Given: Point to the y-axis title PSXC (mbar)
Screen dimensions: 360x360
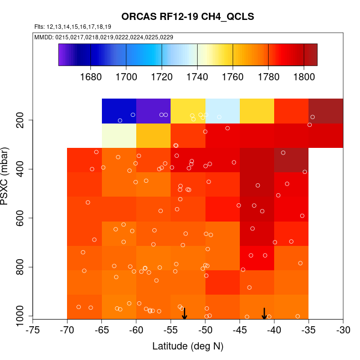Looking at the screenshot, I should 7,176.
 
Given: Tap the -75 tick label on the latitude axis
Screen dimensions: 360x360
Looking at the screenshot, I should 33,330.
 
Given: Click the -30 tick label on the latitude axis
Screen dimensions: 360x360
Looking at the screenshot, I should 343,330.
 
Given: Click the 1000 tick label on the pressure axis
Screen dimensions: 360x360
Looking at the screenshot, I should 21,316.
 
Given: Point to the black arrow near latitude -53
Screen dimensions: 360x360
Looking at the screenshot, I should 184,313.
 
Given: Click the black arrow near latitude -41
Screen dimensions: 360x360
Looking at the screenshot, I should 265,313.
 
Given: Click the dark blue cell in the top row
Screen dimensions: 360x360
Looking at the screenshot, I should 119,111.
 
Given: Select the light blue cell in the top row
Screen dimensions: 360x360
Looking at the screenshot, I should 222,111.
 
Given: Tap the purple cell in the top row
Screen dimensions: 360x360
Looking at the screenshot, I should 153,111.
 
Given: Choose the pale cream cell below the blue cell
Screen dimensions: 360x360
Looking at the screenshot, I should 119,135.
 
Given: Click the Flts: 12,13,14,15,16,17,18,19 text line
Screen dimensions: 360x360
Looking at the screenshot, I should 73,27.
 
